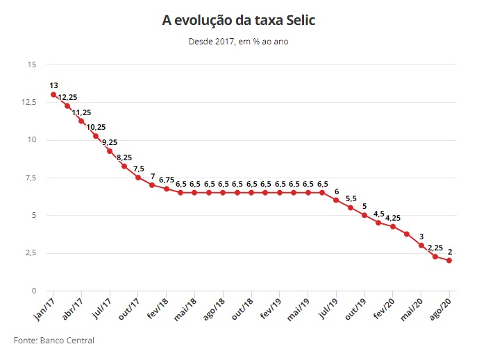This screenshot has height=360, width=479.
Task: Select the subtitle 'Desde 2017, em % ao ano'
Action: pyautogui.click(x=238, y=42)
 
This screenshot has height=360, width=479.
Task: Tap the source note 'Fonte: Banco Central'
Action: pyautogui.click(x=54, y=341)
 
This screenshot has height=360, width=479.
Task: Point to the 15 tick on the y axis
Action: pyautogui.click(x=31, y=65)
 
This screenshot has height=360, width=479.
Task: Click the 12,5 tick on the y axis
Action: pyautogui.click(x=29, y=102)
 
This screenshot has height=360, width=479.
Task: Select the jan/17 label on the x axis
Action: pyautogui.click(x=43, y=307)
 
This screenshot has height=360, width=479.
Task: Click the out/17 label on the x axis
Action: pyautogui.click(x=128, y=307)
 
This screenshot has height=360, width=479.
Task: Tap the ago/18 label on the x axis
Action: pyautogui.click(x=212, y=307)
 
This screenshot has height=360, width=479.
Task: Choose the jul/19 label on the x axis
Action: pyautogui.click(x=326, y=307)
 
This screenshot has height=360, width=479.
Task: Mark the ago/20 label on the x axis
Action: pyautogui.click(x=439, y=307)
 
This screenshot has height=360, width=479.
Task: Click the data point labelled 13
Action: pyautogui.click(x=53, y=94)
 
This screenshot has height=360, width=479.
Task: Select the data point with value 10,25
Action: pyautogui.click(x=96, y=136)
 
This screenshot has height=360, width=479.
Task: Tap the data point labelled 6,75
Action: pyautogui.click(x=167, y=189)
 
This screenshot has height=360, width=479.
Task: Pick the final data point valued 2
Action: pyautogui.click(x=449, y=260)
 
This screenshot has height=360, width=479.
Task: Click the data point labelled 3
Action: pyautogui.click(x=421, y=245)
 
